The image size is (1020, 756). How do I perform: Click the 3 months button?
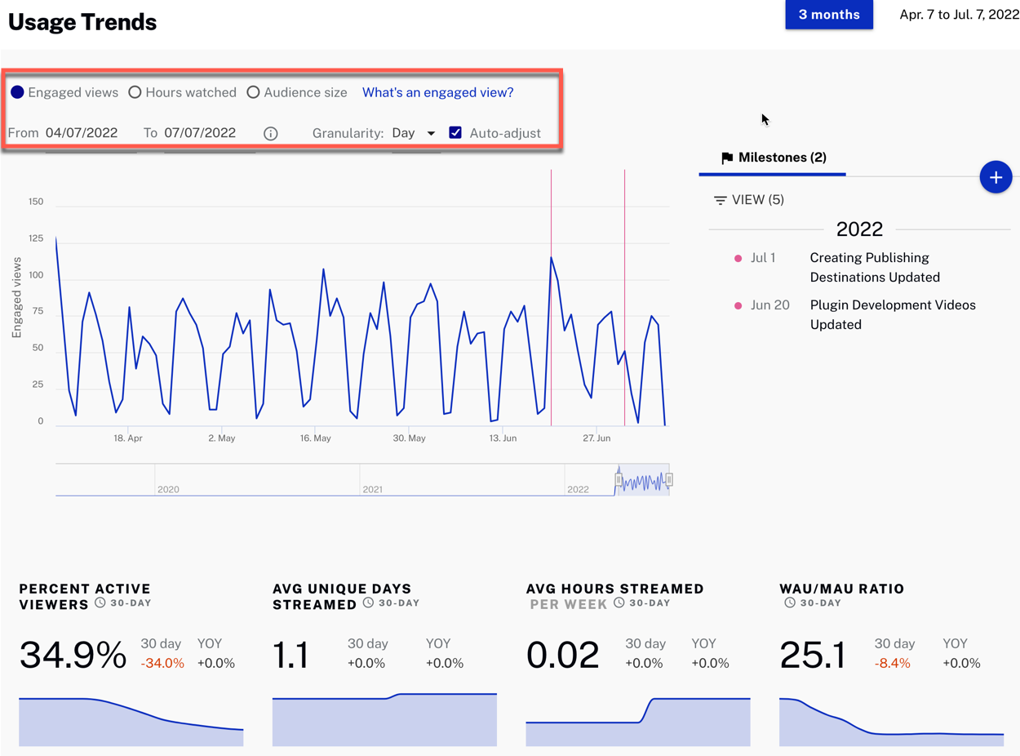[x=828, y=15]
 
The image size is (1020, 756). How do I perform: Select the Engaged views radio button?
[x=17, y=92]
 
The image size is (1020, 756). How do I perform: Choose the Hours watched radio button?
[x=135, y=92]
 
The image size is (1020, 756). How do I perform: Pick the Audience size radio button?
[x=253, y=92]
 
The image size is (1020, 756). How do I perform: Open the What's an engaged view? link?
[x=437, y=92]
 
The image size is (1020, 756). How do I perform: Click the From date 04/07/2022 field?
[x=82, y=133]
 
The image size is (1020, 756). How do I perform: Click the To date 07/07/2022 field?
[x=200, y=133]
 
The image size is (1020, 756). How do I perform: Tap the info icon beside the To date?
[x=270, y=133]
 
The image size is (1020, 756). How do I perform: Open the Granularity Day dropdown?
[x=414, y=133]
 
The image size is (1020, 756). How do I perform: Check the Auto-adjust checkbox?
[x=455, y=132]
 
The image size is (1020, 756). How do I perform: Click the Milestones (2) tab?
[x=773, y=158]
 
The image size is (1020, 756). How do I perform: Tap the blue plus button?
[x=996, y=177]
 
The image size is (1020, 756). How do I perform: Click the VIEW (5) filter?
[x=748, y=200]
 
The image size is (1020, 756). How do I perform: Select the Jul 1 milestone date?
[x=763, y=258]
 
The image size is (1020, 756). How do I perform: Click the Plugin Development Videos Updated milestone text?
[x=892, y=314]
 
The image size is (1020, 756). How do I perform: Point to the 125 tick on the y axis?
[x=35, y=238]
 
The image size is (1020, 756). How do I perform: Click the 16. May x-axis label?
[x=315, y=438]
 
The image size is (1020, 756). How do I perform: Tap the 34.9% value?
[x=73, y=655]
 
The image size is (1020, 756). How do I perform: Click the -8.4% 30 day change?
[x=892, y=663]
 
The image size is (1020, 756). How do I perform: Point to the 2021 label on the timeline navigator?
[x=373, y=489]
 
